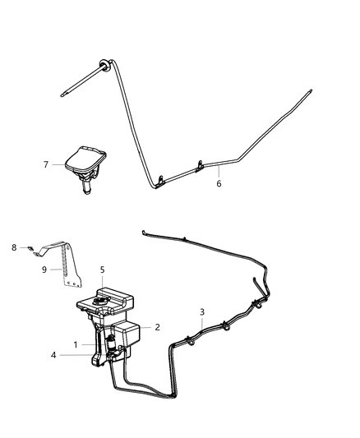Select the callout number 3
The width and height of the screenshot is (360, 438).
click(202, 311)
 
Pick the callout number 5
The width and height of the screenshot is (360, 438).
click(102, 269)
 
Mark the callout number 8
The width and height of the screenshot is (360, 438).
click(14, 246)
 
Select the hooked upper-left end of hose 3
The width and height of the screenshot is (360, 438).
click(145, 233)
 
